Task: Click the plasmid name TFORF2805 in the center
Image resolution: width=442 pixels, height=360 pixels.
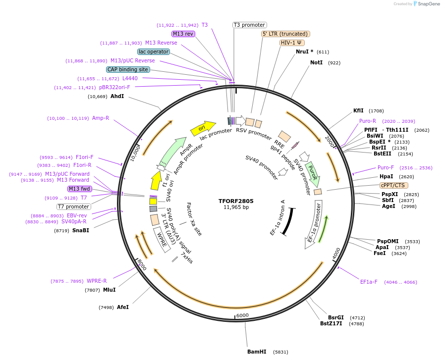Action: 236,202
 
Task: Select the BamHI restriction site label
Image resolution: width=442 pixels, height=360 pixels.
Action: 257,352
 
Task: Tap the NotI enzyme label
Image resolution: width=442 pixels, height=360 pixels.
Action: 316,63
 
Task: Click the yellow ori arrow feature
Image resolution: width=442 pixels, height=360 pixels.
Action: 202,128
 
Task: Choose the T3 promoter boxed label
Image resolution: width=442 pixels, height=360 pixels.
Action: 249,25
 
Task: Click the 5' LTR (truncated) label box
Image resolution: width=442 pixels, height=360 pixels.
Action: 285,34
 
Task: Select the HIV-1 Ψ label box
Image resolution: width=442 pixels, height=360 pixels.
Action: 292,43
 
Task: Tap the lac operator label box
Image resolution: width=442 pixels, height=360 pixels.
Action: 154,51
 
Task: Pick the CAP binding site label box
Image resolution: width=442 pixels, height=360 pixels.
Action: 128,69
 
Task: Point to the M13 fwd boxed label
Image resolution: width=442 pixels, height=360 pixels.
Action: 80,189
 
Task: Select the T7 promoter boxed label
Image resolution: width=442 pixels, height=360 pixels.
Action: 73,206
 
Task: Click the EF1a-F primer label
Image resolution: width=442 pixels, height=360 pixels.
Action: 369,282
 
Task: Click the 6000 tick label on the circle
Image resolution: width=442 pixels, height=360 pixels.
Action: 242,315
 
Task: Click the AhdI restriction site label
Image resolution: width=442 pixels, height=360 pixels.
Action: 117,96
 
